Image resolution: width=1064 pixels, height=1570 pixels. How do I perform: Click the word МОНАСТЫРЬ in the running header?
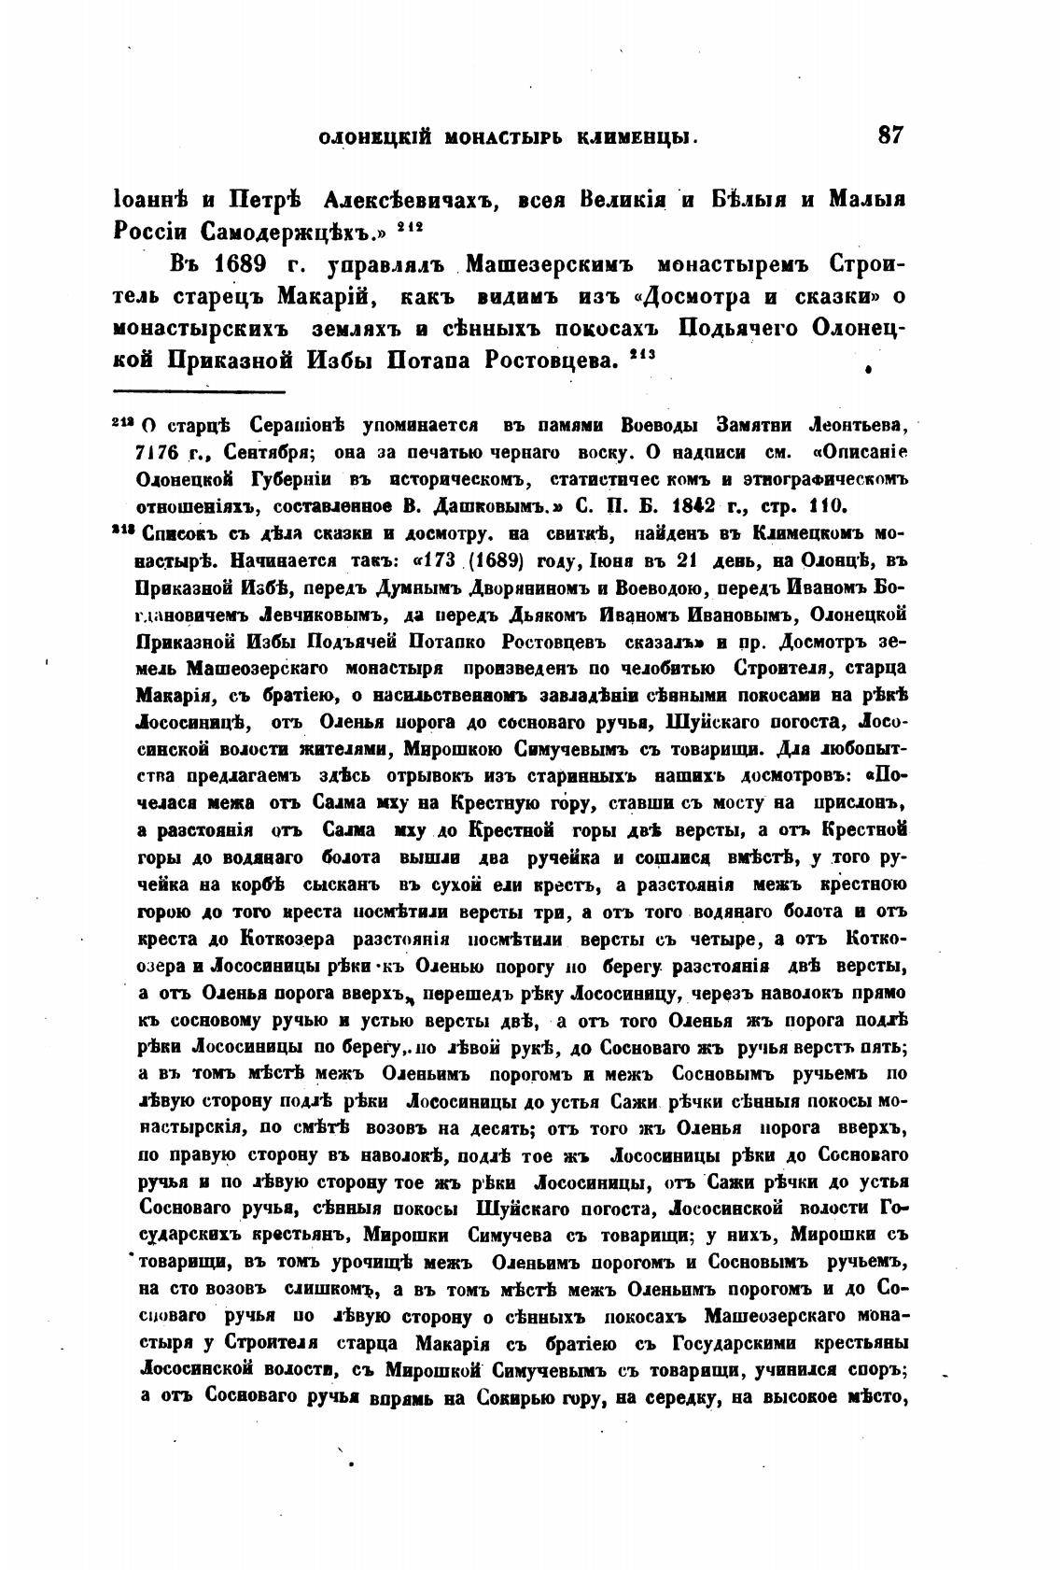[x=509, y=138]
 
